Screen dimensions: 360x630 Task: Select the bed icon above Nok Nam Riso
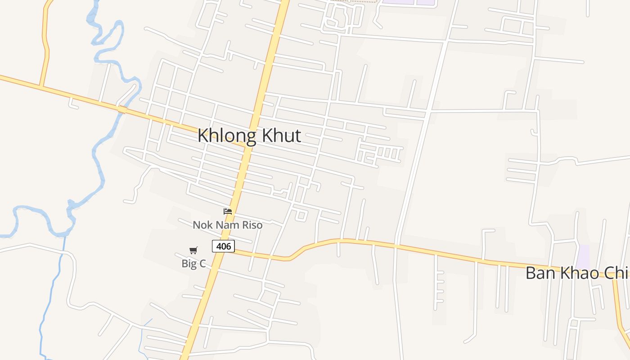click(x=228, y=211)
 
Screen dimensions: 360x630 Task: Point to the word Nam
click(x=226, y=225)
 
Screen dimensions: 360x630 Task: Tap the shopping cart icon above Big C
click(x=193, y=250)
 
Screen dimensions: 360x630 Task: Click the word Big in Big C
click(x=189, y=264)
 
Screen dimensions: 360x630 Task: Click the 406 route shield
click(x=223, y=246)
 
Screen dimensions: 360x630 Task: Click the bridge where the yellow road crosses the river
click(x=122, y=109)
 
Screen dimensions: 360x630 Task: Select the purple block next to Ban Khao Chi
click(x=583, y=256)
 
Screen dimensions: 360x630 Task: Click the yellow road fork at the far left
click(x=41, y=86)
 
